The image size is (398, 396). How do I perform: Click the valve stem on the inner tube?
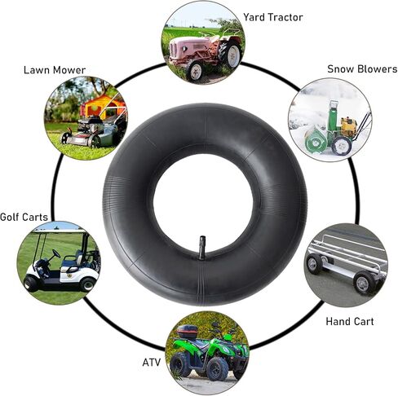tap(203, 248)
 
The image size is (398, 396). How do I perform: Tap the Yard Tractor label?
tap(272, 17)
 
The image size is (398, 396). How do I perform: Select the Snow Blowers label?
tap(362, 69)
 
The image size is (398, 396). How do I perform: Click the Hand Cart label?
tap(350, 322)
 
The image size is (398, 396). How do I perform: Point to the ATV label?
tap(152, 363)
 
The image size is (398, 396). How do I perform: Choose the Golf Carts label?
tap(24, 217)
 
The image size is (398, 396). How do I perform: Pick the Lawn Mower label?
tap(55, 70)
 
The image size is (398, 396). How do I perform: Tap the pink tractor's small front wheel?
tap(194, 70)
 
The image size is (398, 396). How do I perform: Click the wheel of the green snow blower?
tap(342, 146)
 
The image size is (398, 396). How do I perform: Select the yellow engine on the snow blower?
tap(348, 126)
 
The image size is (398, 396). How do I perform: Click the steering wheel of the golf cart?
tap(56, 253)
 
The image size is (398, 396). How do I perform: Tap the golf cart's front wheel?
tap(31, 283)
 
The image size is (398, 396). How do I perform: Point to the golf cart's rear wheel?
tap(87, 284)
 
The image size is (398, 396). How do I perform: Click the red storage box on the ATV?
tap(188, 331)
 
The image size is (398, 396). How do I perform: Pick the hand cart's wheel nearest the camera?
tap(365, 283)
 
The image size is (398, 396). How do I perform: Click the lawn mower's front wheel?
tap(64, 138)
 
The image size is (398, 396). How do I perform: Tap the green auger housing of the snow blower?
tap(316, 140)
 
